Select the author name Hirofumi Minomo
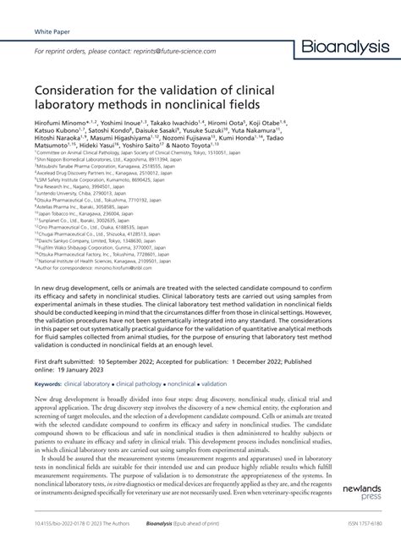[67, 124]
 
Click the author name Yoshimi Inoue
[140, 124]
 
